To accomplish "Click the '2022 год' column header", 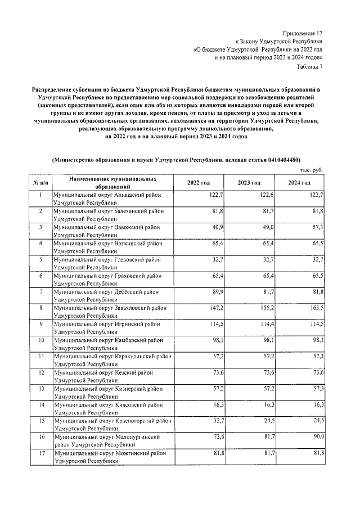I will coord(199,183).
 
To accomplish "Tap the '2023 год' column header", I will coord(249,183).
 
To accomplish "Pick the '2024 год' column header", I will coord(299,183).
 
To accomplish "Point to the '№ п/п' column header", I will coord(40,183).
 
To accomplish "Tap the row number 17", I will coord(40,453).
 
